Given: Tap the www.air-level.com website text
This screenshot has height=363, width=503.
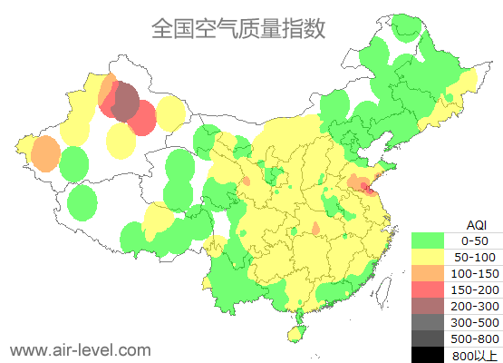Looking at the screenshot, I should tap(80, 348).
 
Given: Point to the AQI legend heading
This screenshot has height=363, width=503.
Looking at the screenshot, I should tap(476, 224).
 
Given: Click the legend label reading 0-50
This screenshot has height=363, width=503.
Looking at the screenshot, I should tap(475, 240).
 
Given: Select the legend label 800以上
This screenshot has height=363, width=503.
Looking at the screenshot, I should tap(475, 355).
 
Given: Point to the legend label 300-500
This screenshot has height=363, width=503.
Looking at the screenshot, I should tap(475, 322).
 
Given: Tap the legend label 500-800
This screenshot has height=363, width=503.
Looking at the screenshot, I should tap(475, 338).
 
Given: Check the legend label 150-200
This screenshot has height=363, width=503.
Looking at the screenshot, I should tap(475, 289).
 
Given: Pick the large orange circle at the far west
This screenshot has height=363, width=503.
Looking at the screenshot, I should tap(44, 154).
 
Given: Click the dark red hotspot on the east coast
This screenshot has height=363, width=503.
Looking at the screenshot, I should tap(366, 187).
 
